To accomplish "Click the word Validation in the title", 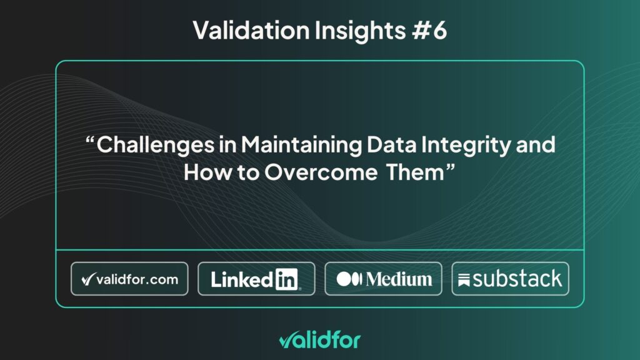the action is pos(251,30).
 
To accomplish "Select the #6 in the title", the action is pos(429,30).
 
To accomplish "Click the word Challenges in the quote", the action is pos(156,145).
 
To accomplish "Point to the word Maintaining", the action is pos(301,145).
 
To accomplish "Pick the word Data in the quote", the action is pos(391,144).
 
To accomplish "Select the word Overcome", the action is pos(321,172).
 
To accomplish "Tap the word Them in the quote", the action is pos(415,172).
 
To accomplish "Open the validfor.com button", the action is pos(129,279).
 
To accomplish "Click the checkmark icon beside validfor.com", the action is pos(89,279).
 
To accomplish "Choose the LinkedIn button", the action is pos(256,279).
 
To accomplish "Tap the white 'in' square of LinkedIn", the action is pos(287,279).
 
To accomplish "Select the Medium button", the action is pos(383,279).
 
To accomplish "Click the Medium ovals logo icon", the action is pos(349,279).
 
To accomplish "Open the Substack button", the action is pos(510,279).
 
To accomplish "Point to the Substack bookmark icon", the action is pos(464,280).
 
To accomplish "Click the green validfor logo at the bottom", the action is pos(320,340).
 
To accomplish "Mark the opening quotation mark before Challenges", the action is pos(90,140).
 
